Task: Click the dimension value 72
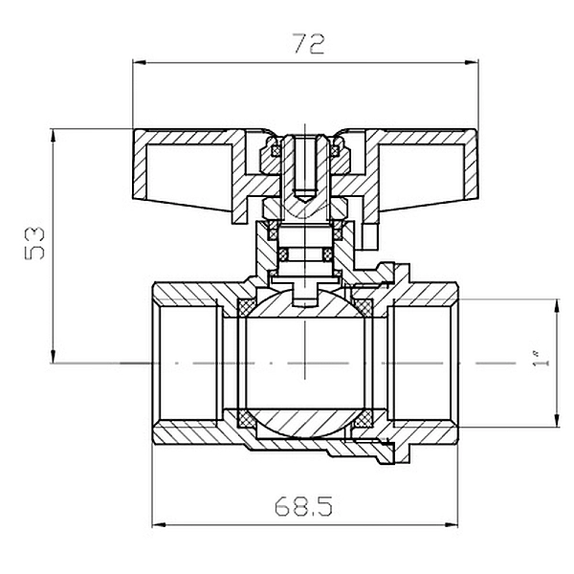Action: pyautogui.click(x=309, y=44)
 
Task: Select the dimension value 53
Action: pyautogui.click(x=34, y=243)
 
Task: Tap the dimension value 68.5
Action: pyautogui.click(x=303, y=506)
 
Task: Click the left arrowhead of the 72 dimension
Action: pyautogui.click(x=140, y=62)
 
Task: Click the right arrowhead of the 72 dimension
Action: pyautogui.click(x=472, y=62)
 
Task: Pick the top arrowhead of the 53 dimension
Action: pyautogui.click(x=54, y=136)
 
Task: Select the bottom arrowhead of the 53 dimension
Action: pyautogui.click(x=54, y=356)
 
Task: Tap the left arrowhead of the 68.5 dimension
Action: pyautogui.click(x=159, y=525)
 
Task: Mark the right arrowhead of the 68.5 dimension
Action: pyautogui.click(x=451, y=525)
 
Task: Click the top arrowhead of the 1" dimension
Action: pyautogui.click(x=557, y=306)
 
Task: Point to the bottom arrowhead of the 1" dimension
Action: pyautogui.click(x=557, y=420)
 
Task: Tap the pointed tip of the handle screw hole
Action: pyautogui.click(x=305, y=200)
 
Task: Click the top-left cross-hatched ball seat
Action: pyautogui.click(x=247, y=307)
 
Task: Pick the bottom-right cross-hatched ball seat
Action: pyautogui.click(x=363, y=418)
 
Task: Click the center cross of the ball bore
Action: pyautogui.click(x=305, y=364)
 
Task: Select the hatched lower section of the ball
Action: pyautogui.click(x=305, y=423)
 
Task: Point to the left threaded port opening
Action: pyautogui.click(x=188, y=364)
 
